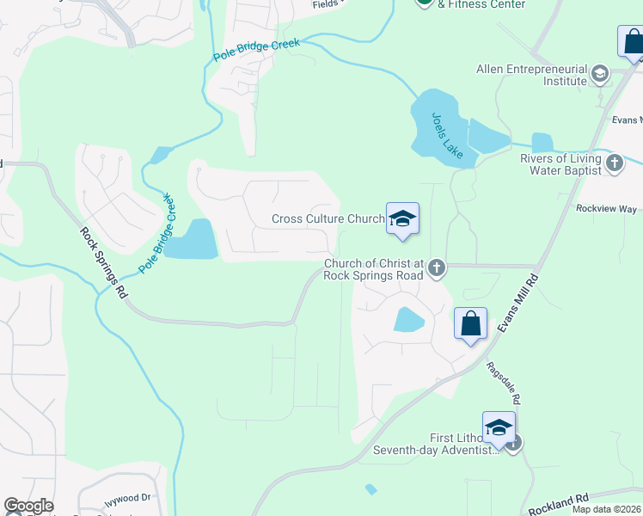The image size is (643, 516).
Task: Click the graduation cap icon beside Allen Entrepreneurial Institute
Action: coord(599,75)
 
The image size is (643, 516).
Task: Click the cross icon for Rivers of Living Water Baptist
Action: coord(614,162)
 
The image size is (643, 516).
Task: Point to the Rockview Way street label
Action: coord(606,209)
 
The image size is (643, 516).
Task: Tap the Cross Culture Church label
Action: coord(328,219)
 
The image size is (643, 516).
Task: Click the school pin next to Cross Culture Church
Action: coord(401,219)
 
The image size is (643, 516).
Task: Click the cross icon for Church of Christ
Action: coord(437,267)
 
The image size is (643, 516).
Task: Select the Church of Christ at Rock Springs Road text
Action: coord(373,270)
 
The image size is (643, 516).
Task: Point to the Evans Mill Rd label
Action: coord(518,305)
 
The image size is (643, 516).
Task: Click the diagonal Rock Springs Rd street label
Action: coord(104,263)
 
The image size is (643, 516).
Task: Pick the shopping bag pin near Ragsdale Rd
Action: coord(470,325)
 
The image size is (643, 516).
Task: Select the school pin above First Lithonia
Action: coord(499,427)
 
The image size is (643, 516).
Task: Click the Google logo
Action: coord(28,506)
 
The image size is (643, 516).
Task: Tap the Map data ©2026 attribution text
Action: coord(605,509)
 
